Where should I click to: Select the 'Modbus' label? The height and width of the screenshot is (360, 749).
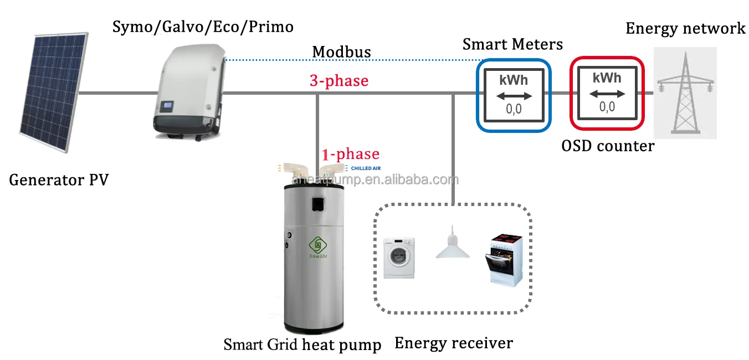point(341,52)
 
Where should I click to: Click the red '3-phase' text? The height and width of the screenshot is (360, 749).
point(338,81)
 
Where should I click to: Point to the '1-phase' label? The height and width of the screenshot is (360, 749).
point(351,154)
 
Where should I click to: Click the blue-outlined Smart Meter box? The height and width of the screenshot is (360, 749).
point(514,95)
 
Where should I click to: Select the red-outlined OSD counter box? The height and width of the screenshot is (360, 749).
point(607,92)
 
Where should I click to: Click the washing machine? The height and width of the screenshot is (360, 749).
point(399,258)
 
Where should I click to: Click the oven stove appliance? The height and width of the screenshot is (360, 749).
point(507,259)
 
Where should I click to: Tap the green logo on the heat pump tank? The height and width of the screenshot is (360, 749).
point(318,244)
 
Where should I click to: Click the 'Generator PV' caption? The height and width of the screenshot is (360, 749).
point(59,180)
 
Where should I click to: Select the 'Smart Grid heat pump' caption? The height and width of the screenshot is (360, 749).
point(302,345)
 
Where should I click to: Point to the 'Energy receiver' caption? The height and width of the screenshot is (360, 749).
point(453,343)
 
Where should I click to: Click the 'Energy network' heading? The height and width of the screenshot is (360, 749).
point(685,28)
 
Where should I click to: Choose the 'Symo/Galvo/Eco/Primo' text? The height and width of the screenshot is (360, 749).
point(203,26)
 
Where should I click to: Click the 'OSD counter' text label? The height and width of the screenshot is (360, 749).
point(608,146)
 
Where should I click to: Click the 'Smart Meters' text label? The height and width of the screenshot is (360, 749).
point(512,44)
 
